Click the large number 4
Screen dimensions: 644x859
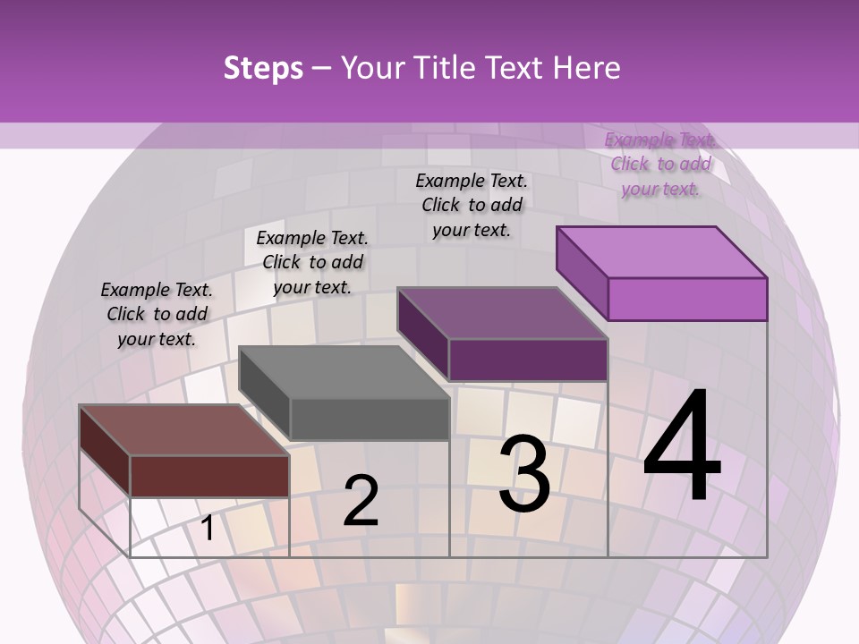[x=683, y=447]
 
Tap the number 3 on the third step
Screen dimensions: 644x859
[x=524, y=473]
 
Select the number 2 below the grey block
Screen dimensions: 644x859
[x=361, y=501]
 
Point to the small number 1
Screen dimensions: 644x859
[x=208, y=529]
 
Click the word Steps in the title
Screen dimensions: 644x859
[x=263, y=68]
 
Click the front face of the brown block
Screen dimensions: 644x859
[x=209, y=476]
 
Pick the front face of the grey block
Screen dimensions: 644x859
[x=369, y=419]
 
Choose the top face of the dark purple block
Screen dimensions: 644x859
[x=501, y=313]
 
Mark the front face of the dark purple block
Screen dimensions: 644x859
[x=528, y=360]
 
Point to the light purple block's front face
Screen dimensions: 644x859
[x=687, y=299]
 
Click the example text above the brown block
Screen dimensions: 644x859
[x=157, y=314]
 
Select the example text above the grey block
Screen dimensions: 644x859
[x=312, y=262]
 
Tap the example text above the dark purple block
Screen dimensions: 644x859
[x=472, y=205]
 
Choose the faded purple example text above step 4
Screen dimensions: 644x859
[x=660, y=164]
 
